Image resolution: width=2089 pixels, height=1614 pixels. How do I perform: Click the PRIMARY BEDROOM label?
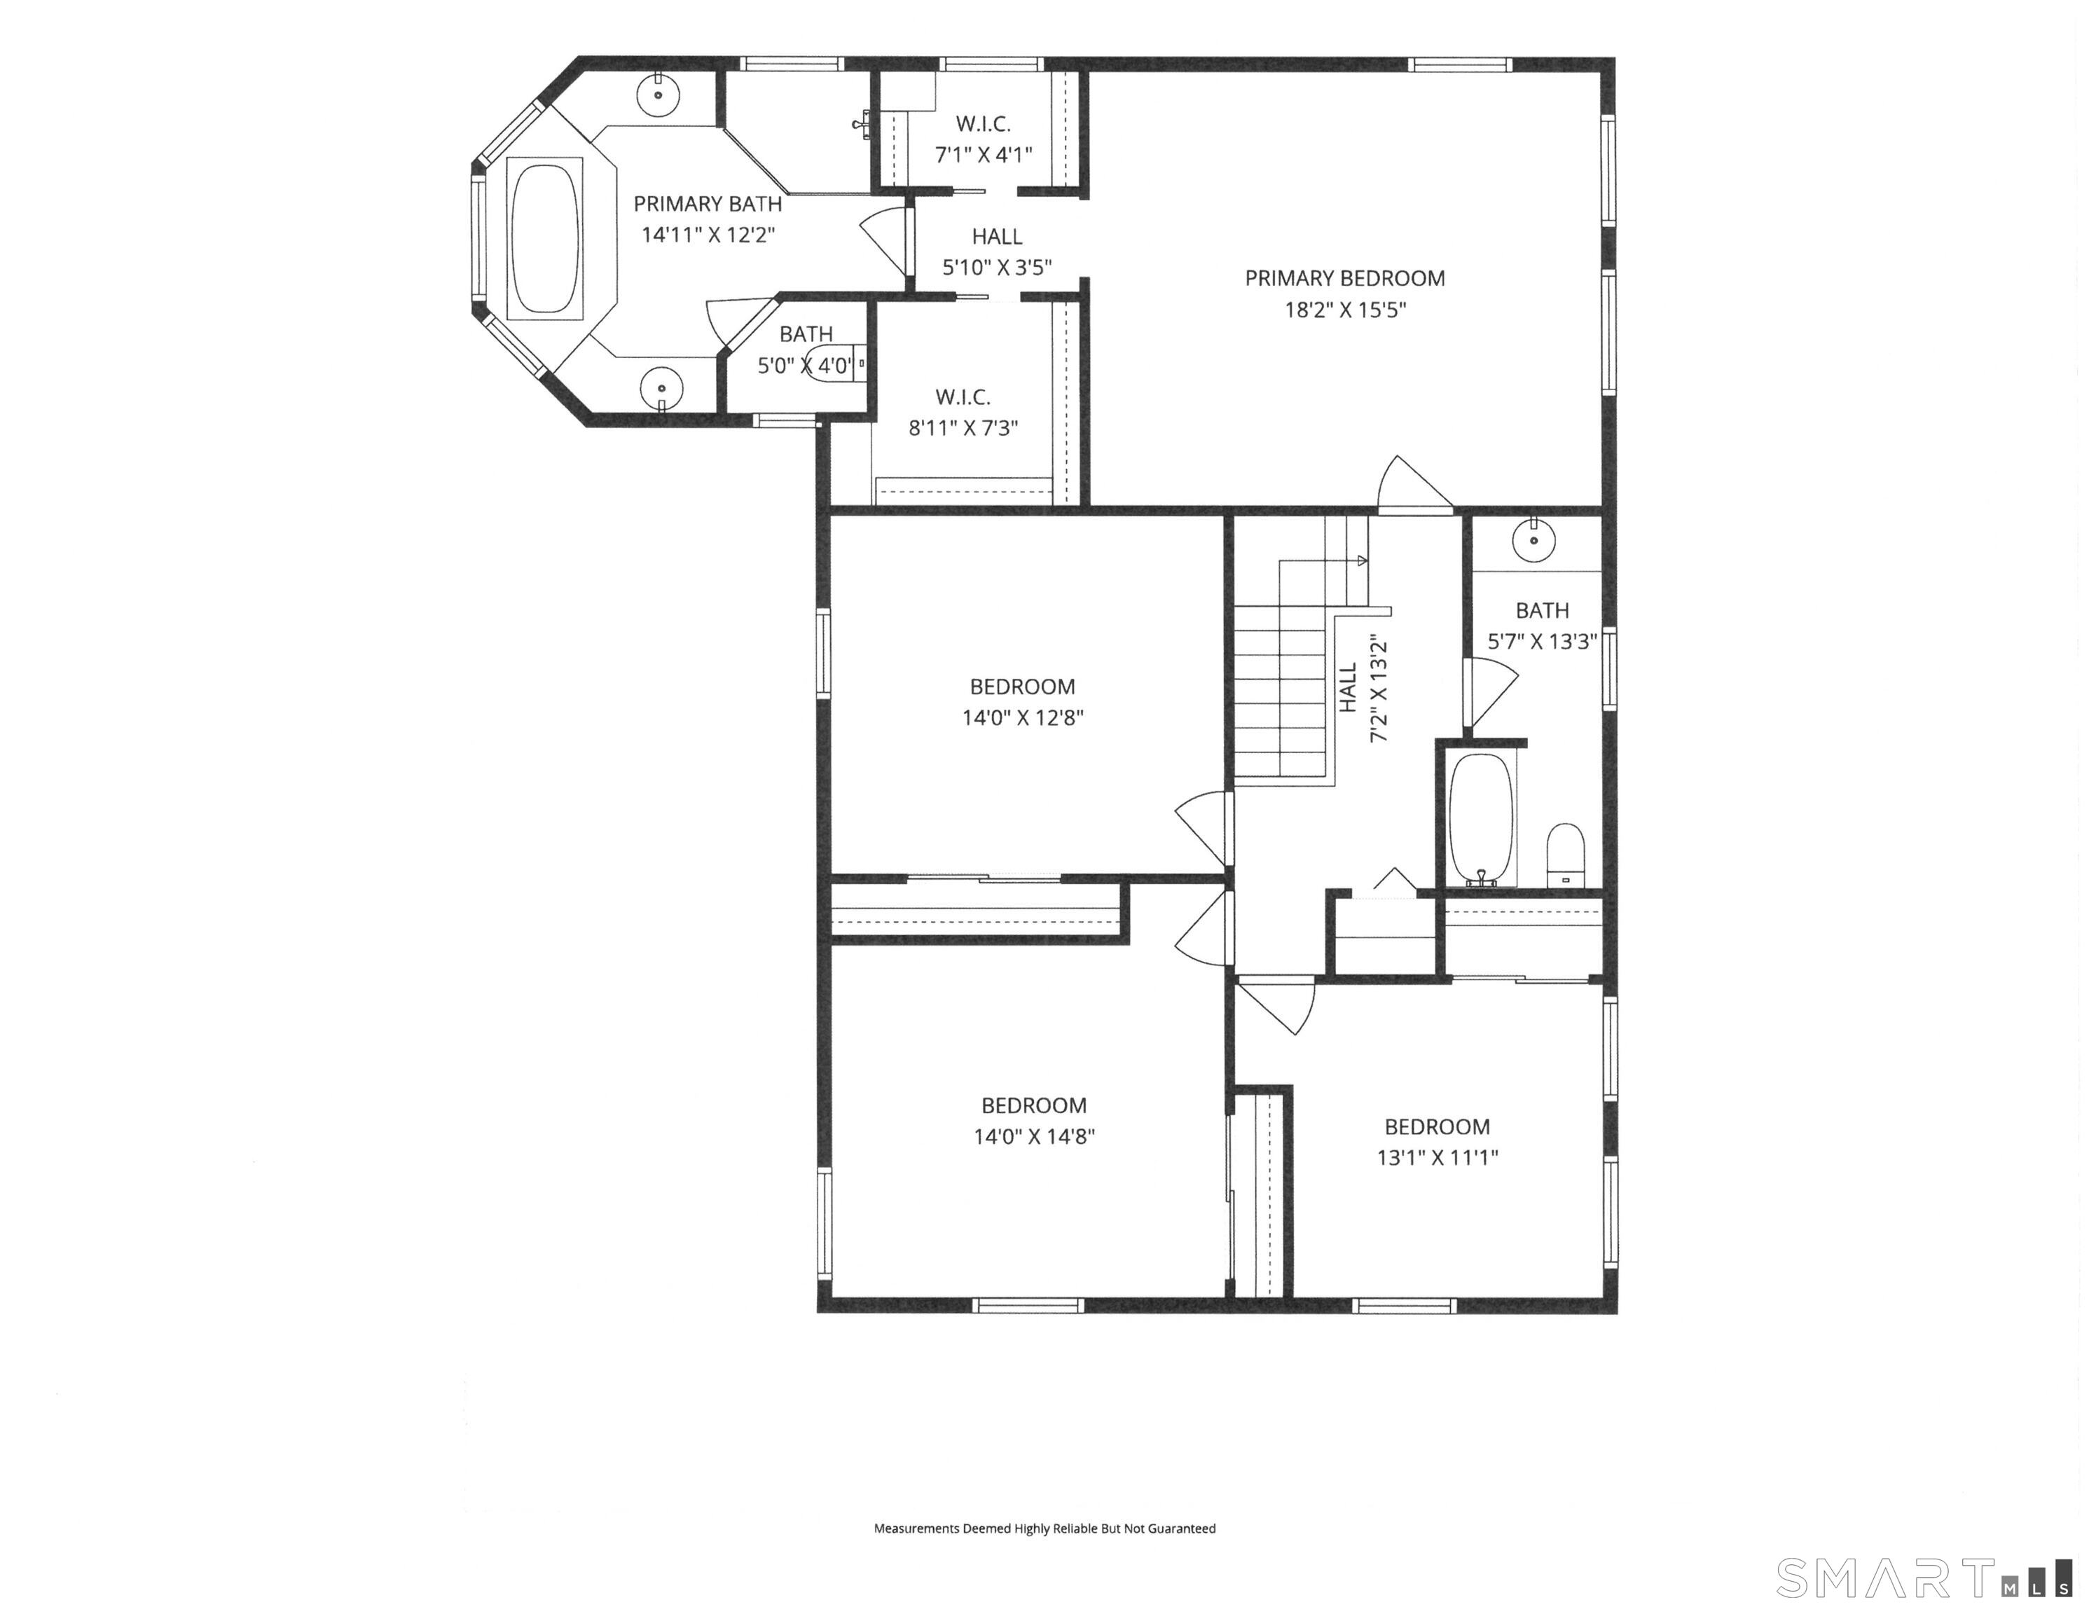[x=1344, y=278]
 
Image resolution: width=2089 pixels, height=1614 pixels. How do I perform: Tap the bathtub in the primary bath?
[x=544, y=238]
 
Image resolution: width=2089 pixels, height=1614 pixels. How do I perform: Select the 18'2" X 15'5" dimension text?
[x=1344, y=310]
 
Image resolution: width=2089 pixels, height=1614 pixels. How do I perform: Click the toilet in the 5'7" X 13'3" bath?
[x=1566, y=855]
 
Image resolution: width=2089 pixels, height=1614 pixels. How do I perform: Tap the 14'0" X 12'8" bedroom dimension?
[x=1023, y=717]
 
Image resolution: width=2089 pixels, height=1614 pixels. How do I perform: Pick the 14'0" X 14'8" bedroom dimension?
[x=1034, y=1136]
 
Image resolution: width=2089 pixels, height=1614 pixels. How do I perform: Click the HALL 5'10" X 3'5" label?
[x=997, y=251]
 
